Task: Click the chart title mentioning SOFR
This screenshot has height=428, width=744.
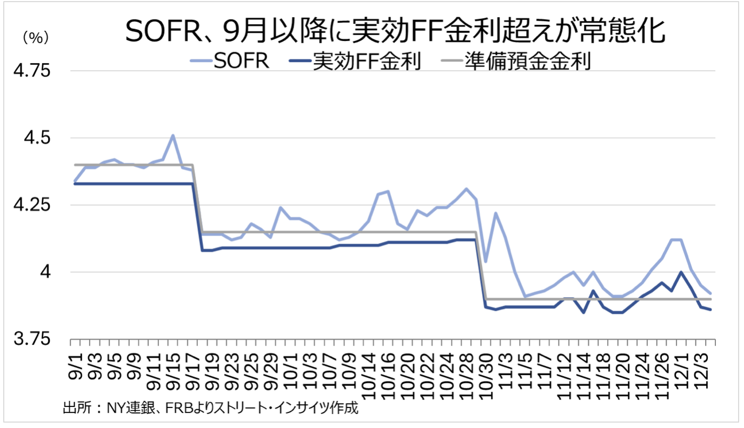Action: [394, 32]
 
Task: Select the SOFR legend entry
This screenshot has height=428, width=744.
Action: [241, 62]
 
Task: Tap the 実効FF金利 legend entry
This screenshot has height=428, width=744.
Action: [367, 62]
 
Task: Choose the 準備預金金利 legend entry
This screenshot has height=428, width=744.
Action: [527, 62]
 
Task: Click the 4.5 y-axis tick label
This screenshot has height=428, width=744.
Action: [38, 138]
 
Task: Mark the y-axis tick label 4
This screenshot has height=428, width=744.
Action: [46, 272]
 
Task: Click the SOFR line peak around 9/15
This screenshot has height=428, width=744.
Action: [172, 135]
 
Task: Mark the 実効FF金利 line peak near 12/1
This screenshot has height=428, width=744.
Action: [681, 272]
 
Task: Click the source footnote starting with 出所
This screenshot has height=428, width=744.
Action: [210, 407]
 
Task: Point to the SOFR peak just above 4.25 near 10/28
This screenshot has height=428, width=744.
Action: [466, 189]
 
